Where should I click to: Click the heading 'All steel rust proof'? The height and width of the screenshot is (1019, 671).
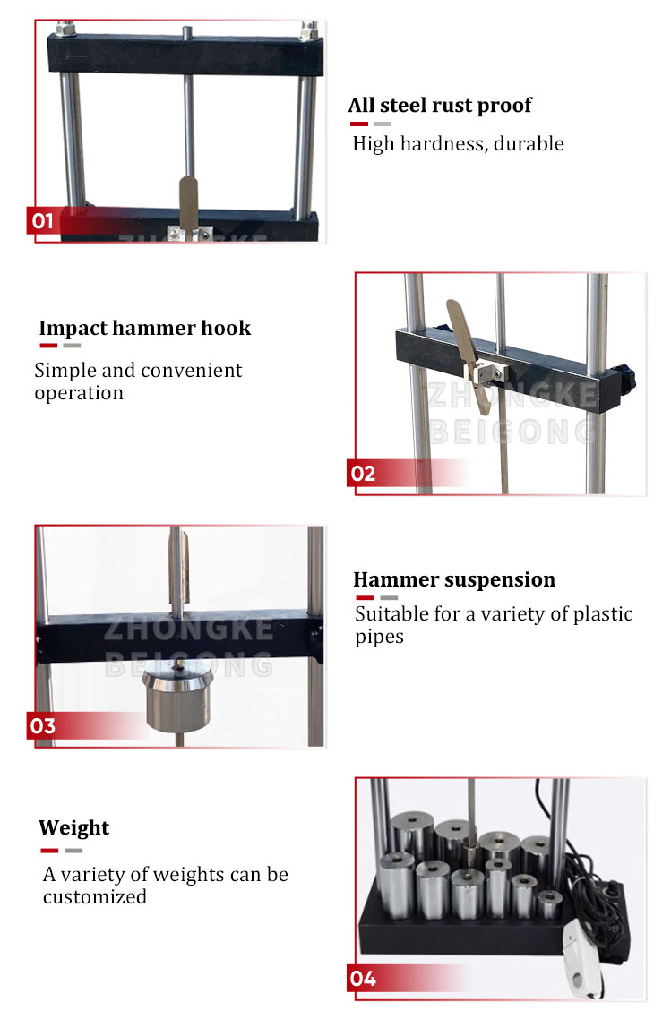pyautogui.click(x=439, y=106)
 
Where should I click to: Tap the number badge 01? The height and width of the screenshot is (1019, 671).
pyautogui.click(x=43, y=220)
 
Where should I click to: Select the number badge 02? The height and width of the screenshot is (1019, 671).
pyautogui.click(x=363, y=473)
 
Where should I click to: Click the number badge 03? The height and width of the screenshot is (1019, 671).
pyautogui.click(x=43, y=725)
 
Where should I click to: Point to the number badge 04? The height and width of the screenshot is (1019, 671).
pyautogui.click(x=363, y=979)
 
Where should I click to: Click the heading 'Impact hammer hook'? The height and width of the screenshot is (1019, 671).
pyautogui.click(x=144, y=328)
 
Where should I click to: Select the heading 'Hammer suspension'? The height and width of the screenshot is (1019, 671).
pyautogui.click(x=453, y=580)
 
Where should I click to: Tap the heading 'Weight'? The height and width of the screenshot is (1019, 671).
pyautogui.click(x=73, y=827)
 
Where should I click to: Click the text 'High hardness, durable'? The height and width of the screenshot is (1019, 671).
pyautogui.click(x=458, y=143)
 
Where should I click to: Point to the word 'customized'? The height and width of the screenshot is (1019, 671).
pyautogui.click(x=94, y=896)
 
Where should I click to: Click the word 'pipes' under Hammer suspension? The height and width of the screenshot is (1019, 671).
pyautogui.click(x=379, y=637)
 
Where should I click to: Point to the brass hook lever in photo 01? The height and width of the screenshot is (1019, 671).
pyautogui.click(x=189, y=201)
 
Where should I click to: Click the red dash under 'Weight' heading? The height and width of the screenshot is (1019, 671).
pyautogui.click(x=48, y=850)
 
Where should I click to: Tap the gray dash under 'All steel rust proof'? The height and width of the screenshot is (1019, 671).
pyautogui.click(x=383, y=124)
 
